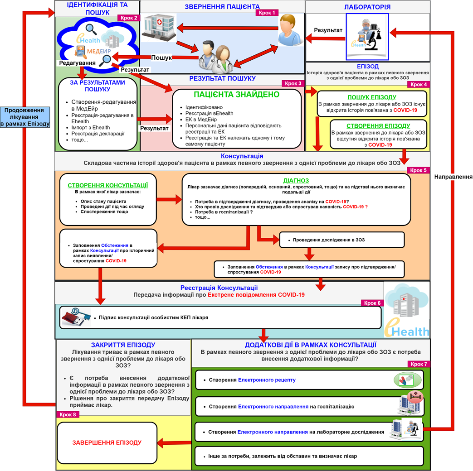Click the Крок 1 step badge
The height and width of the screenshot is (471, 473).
pos(267,13)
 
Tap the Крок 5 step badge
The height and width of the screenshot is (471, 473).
pos(418,170)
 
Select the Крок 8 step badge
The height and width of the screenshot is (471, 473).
pos(68,415)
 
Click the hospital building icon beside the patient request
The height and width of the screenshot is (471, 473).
pos(159,28)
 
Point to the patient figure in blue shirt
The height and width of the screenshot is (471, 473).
pos(290,30)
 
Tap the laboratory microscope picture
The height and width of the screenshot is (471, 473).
pos(367,37)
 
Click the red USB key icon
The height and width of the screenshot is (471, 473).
pos(76,317)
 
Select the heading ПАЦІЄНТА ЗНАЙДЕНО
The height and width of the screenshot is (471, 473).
pos(237,95)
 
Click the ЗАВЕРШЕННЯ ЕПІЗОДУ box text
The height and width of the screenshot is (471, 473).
pos(107,442)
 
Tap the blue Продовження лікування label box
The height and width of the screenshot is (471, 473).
pos(25,117)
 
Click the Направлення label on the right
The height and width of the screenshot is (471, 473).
pos(453,177)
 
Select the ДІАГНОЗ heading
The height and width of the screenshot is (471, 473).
pos(296,181)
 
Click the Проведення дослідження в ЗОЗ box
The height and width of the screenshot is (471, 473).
pos(342,240)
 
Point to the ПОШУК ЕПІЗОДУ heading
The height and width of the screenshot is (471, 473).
pos(372,97)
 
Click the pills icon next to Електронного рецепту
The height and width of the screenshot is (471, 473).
pos(408,380)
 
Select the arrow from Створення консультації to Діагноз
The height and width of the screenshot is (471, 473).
pos(169,199)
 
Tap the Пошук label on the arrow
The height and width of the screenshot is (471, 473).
pos(161,58)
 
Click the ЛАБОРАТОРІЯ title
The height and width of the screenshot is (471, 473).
pos(367,7)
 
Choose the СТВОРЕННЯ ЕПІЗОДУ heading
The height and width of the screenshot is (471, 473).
pos(378,126)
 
